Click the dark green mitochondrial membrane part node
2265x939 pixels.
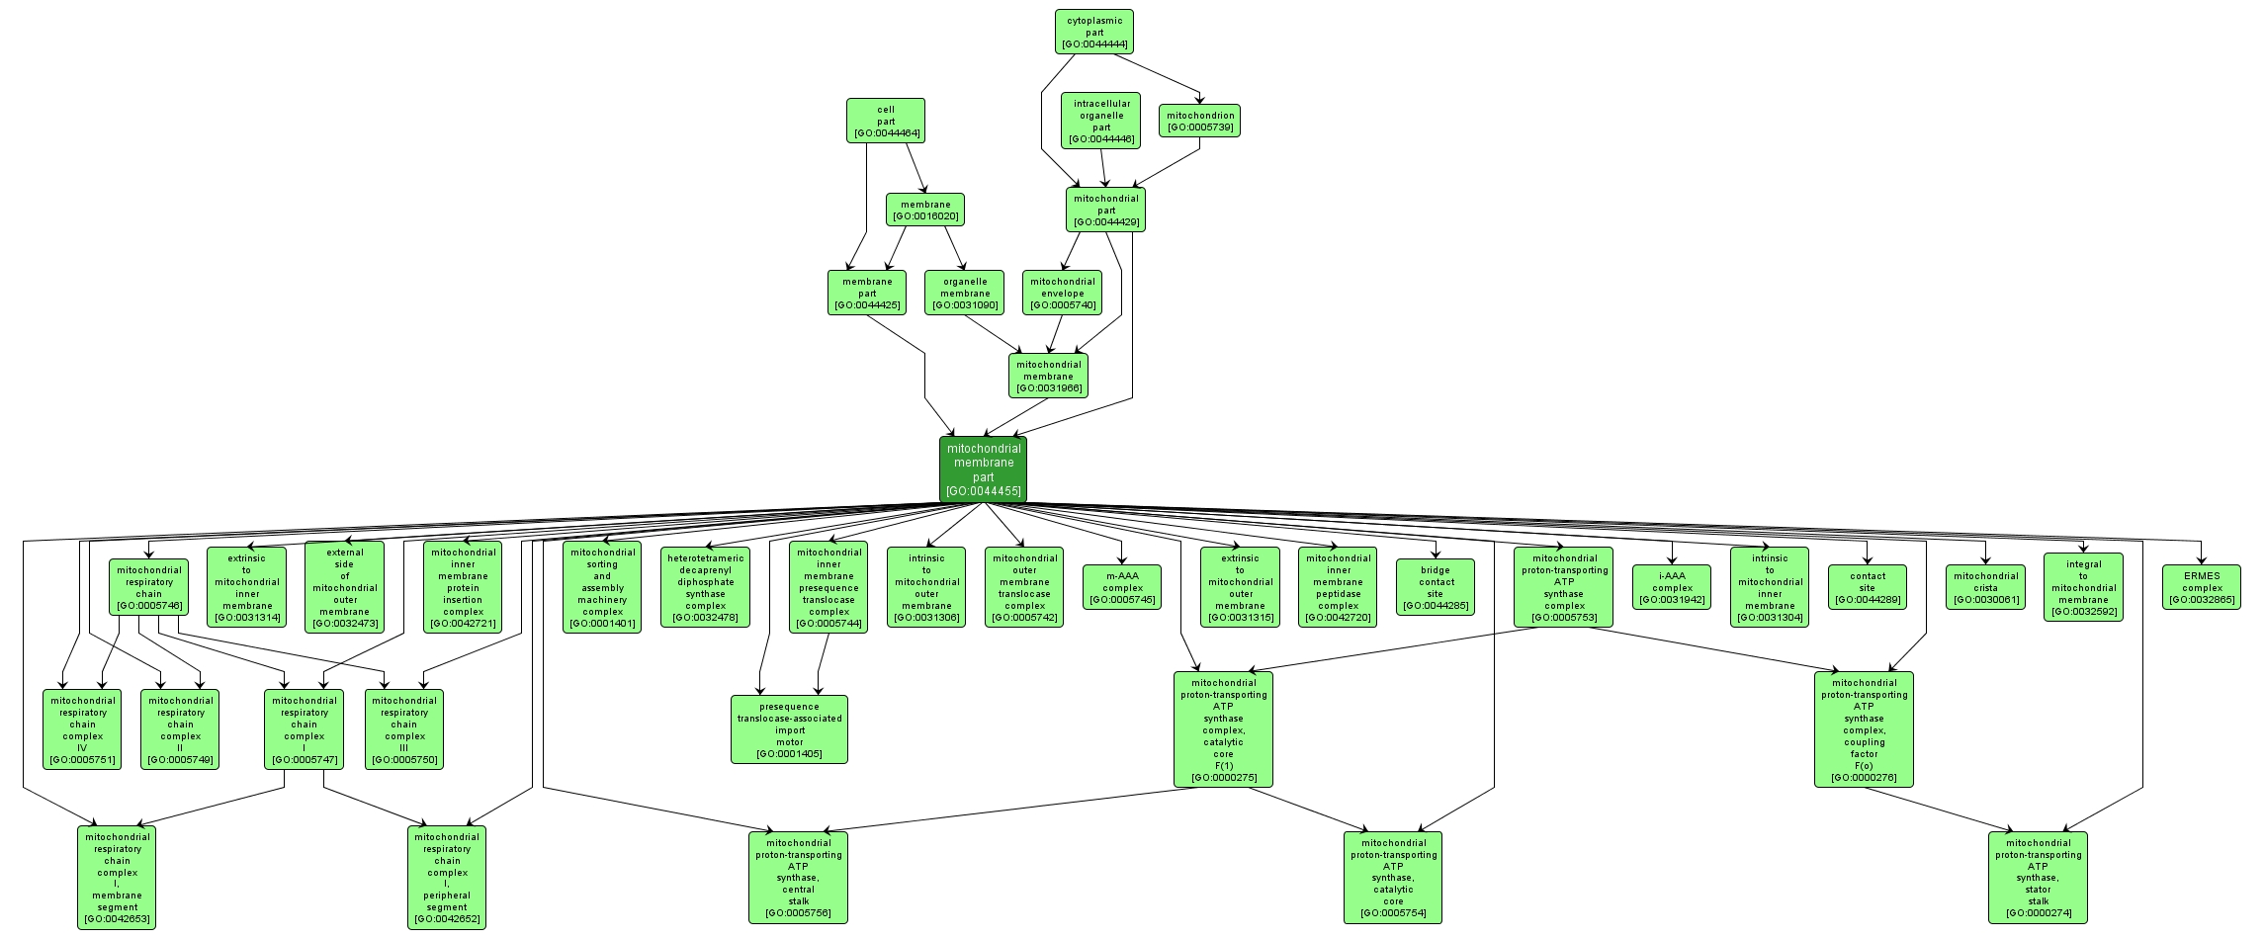click(983, 469)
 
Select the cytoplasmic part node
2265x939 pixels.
click(1093, 33)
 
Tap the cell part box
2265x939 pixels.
click(885, 121)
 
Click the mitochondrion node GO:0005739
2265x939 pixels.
click(1199, 121)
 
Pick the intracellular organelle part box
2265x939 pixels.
click(1100, 121)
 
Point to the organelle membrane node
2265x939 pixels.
click(965, 293)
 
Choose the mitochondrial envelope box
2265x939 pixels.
click(1063, 293)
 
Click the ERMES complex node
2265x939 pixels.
click(2202, 587)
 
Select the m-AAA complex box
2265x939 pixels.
click(1122, 587)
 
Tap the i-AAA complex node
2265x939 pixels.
click(1672, 587)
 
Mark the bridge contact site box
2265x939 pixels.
click(1436, 587)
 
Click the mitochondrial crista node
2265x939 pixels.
click(1985, 587)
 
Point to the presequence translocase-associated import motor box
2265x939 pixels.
click(790, 729)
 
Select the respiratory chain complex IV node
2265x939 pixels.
click(82, 729)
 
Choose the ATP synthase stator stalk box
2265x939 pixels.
click(2038, 878)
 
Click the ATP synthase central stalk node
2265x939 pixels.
click(798, 878)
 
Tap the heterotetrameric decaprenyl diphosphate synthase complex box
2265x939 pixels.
click(706, 587)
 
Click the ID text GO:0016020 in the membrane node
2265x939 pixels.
click(925, 216)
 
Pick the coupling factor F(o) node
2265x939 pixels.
click(1864, 729)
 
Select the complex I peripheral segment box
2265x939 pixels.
click(447, 878)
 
